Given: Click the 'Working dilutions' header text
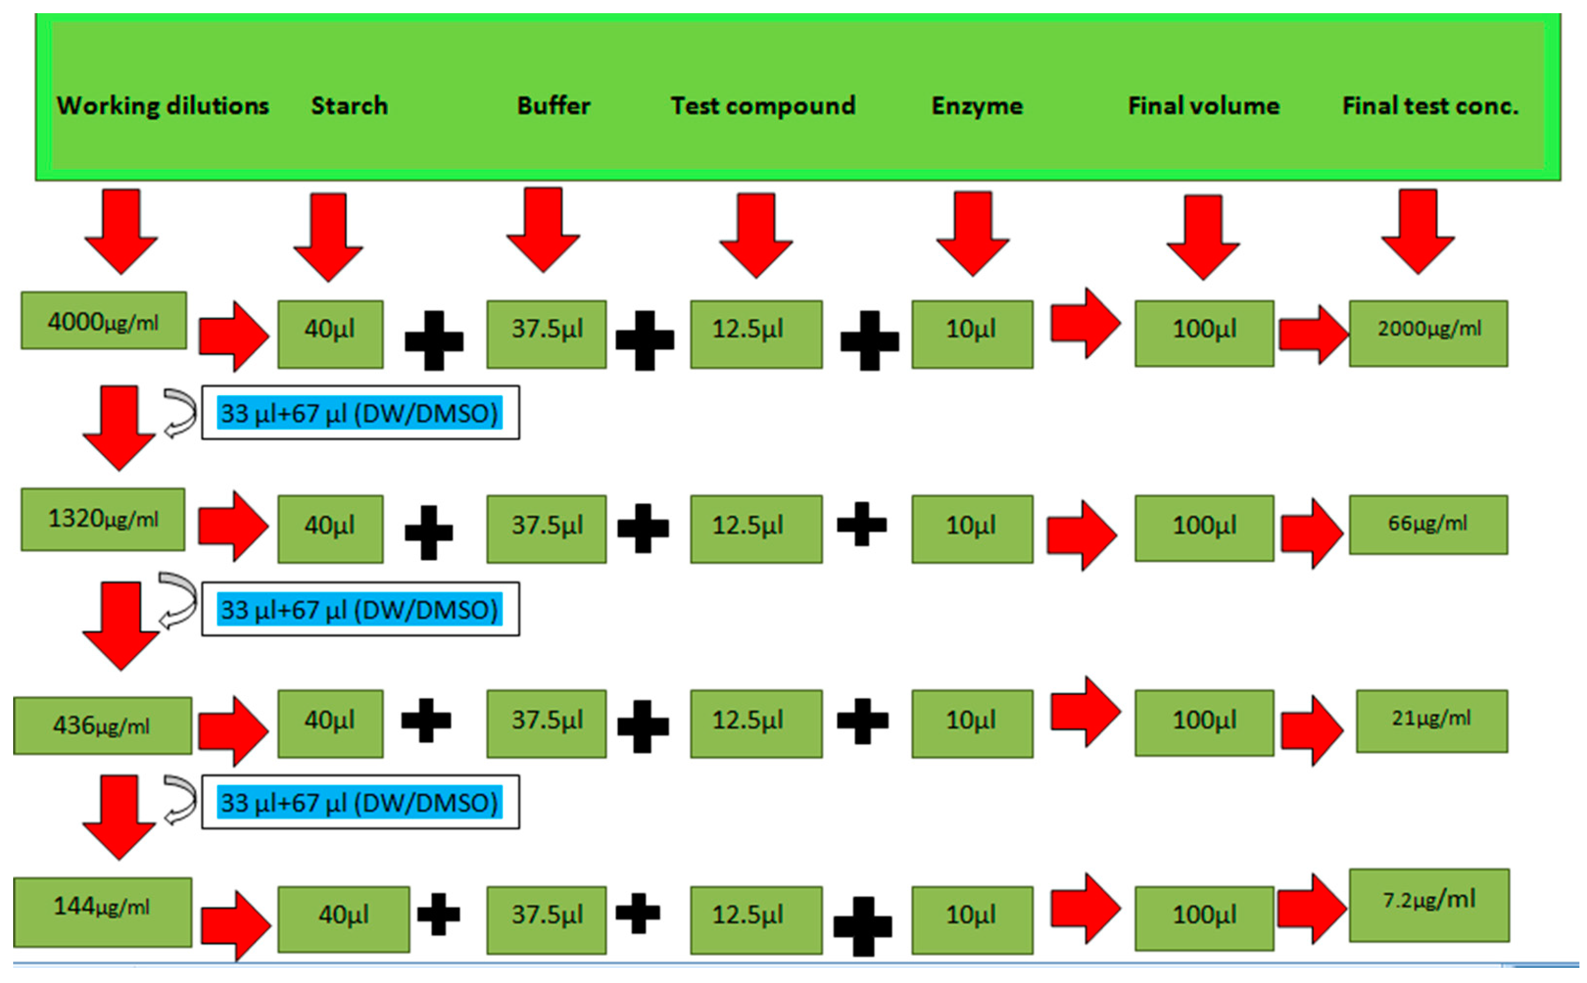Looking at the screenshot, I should (162, 105).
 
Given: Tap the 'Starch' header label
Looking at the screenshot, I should (349, 105).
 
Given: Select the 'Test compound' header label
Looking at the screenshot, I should (762, 105).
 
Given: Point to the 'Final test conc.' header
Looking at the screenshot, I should (1430, 105).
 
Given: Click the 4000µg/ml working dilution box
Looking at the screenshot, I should (103, 320).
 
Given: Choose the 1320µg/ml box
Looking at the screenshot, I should (103, 519).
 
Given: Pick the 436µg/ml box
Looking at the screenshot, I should (102, 725).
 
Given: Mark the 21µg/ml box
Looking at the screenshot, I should (1431, 720).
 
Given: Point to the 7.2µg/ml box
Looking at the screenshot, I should (1429, 905).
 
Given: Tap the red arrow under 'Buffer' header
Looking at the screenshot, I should (543, 229).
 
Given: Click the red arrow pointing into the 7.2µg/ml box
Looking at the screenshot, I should (1311, 908).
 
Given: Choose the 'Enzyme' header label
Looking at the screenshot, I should (976, 105).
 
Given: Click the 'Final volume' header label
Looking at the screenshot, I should (1203, 105).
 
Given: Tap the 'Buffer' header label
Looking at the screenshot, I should (553, 105).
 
